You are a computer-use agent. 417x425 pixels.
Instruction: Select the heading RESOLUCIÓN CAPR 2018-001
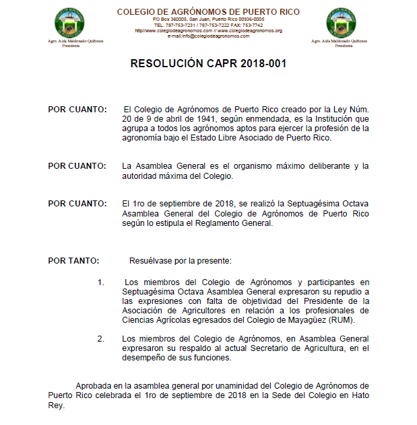pos(208,64)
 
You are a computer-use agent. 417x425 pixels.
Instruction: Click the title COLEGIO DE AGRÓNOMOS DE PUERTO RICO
pos(208,12)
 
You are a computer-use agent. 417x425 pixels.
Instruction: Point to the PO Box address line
pos(208,20)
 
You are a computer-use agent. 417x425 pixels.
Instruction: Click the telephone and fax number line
pos(208,26)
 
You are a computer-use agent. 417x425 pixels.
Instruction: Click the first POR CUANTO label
pos(77,109)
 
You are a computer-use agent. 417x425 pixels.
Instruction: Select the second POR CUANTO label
pos(77,166)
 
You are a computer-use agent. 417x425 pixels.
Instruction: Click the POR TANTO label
pos(73,260)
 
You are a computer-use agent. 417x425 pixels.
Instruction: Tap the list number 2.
pos(100,339)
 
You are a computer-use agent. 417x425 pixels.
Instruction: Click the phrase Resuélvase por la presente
pos(180,260)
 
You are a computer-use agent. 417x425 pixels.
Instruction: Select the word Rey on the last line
pos(55,405)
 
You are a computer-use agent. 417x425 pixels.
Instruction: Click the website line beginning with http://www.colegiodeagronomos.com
pos(208,31)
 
